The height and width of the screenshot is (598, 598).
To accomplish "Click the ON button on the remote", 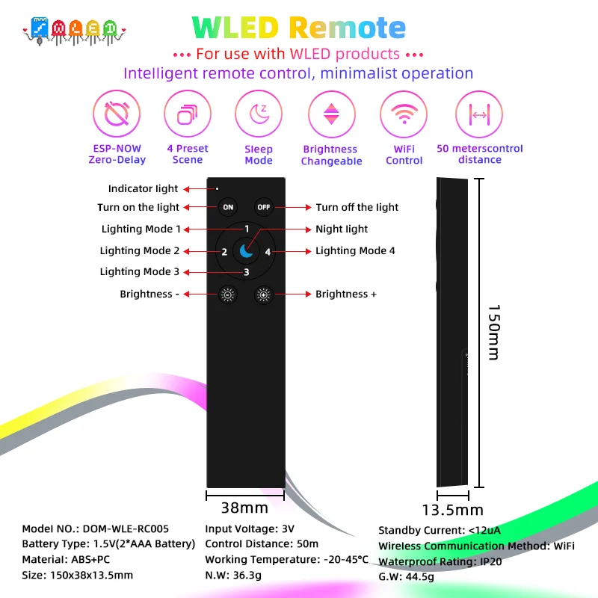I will point(228,207).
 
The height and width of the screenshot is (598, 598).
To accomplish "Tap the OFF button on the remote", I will point(264,207).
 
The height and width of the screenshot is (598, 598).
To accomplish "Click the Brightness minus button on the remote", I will point(228,295).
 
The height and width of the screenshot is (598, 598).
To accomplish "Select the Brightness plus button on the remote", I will point(264,295).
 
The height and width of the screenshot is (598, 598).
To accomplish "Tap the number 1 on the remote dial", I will point(246,229).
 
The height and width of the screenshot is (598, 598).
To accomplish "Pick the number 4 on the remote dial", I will point(268,252).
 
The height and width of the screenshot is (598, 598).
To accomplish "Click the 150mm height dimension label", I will point(493,332).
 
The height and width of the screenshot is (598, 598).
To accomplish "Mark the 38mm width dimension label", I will point(244,508).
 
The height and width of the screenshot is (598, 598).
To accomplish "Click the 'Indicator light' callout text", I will point(144,189).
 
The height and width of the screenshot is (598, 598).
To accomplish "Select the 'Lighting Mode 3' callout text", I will point(140,272).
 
